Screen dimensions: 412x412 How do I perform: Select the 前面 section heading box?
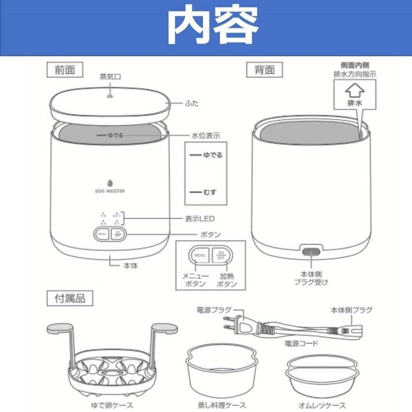pos(65,70)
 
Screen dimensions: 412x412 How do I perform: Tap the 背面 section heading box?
pos(264,70)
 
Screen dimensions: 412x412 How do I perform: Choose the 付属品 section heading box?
pos(70,298)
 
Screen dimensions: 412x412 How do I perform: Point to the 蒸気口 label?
pos(110,77)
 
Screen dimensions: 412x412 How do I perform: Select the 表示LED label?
pos(199,218)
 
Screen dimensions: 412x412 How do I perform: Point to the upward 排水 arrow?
pos(354,89)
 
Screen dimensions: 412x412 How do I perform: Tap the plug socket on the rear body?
pos(311,251)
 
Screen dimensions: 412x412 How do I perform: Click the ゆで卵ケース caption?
pos(112,405)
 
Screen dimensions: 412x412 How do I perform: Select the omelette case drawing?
pos(321,373)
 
